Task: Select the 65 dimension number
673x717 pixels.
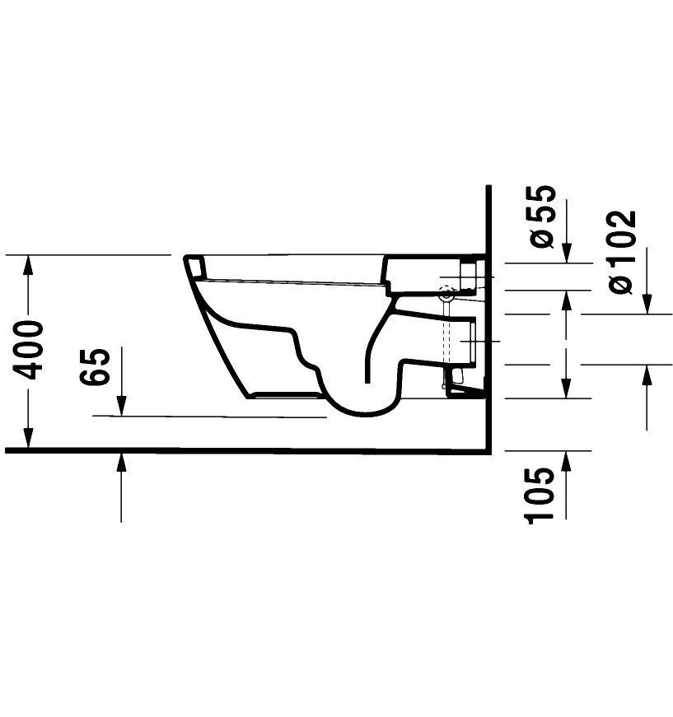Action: pos(96,367)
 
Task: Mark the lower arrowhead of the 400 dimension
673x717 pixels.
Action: pos(29,440)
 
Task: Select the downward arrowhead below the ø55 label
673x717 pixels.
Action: pos(566,254)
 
